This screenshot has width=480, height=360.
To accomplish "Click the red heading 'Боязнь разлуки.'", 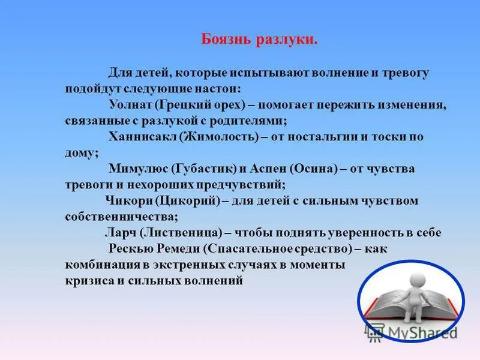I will point(259,40).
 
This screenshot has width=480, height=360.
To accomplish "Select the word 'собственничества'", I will point(122,217).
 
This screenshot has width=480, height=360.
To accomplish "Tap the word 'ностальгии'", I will point(322,137).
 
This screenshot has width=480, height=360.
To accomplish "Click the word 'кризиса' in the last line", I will point(89,280).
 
